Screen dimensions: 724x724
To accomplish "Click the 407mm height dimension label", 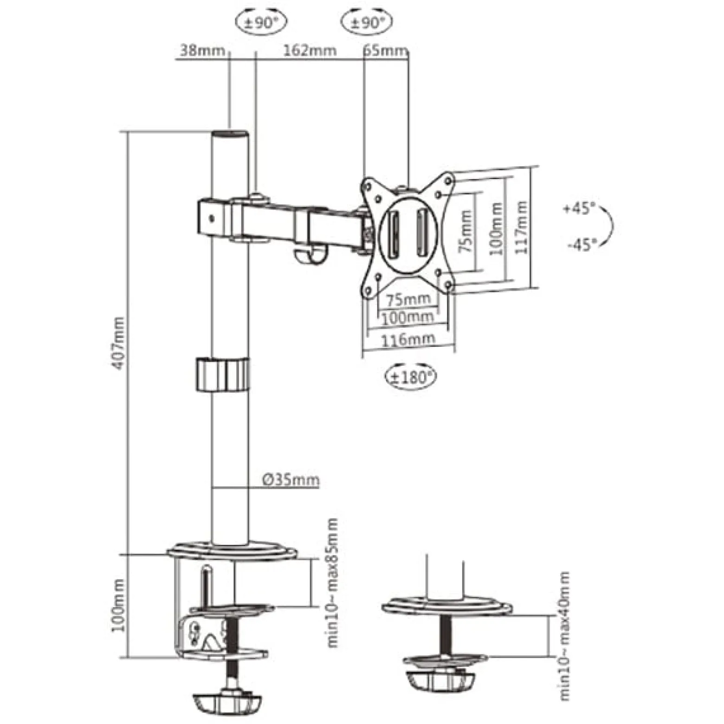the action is coord(119,343).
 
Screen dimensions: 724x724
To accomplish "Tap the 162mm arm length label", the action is coord(310,50).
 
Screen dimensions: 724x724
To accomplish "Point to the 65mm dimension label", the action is coord(385,50).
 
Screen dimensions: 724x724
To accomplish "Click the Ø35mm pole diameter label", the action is coord(291,479).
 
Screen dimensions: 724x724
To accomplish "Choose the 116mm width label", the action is coord(408,339).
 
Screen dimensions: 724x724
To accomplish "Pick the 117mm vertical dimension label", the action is coord(522,227).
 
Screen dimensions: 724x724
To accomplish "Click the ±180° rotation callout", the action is coord(411,377).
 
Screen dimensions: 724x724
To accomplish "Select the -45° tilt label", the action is coord(582,244).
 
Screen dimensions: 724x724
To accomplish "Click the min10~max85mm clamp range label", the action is coord(333,583).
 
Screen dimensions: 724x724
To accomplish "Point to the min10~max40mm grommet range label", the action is coord(564,636).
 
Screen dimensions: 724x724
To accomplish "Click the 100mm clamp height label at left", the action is coord(118,605).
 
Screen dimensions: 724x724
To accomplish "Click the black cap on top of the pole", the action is coord(230,136).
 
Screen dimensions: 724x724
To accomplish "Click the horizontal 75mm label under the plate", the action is coord(408,299).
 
